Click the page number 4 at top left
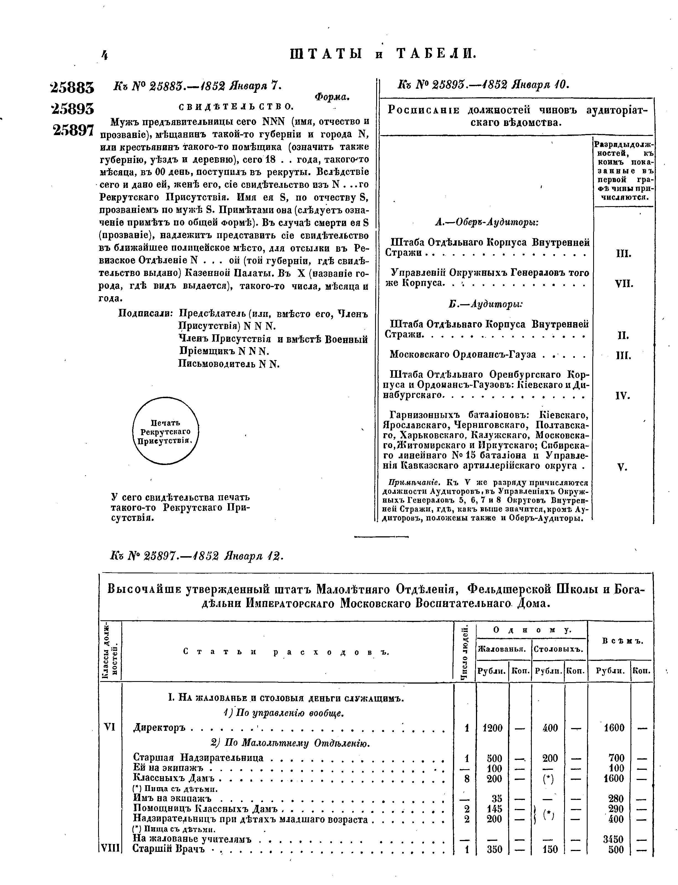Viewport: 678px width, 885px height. [x=104, y=55]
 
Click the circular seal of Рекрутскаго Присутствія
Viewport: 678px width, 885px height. [x=166, y=430]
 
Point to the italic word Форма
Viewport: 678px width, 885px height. [x=332, y=97]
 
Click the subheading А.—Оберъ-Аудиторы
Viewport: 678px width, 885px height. [x=487, y=222]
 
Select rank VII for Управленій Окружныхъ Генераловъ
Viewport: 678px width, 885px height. [x=624, y=284]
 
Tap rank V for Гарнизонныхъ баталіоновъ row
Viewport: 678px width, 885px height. [x=622, y=468]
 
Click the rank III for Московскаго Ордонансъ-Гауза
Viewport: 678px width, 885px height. [x=624, y=356]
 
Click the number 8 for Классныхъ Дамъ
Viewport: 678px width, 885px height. [x=467, y=778]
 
